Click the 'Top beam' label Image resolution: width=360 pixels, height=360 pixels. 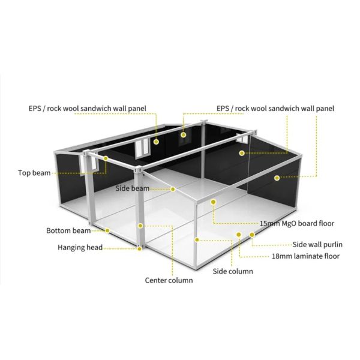pyautogui.click(x=34, y=173)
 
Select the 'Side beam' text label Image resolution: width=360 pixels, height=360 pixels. pyautogui.click(x=132, y=188)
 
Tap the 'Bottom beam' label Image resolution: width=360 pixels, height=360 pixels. pyautogui.click(x=68, y=230)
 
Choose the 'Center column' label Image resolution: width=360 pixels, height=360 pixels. pyautogui.click(x=169, y=280)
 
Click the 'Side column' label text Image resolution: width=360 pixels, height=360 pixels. pyautogui.click(x=233, y=271)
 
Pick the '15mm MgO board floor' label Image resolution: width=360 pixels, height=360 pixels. pyautogui.click(x=296, y=223)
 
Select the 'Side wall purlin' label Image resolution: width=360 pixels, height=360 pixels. pyautogui.click(x=316, y=244)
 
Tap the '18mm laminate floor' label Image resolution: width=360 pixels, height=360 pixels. pyautogui.click(x=305, y=256)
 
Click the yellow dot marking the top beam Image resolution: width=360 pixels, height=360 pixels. pyautogui.click(x=106, y=158)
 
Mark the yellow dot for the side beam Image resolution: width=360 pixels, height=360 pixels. pyautogui.click(x=173, y=189)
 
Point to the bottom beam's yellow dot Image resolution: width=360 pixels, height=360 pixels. pyautogui.click(x=107, y=230)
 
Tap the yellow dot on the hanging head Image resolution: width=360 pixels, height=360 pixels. pyautogui.click(x=139, y=247)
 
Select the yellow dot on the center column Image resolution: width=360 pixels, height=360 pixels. pyautogui.click(x=140, y=226)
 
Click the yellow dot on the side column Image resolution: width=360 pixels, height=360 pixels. pyautogui.click(x=197, y=239)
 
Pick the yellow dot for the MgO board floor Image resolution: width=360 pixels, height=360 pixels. pyautogui.click(x=212, y=202)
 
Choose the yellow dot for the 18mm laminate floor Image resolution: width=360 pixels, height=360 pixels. pyautogui.click(x=239, y=235)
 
